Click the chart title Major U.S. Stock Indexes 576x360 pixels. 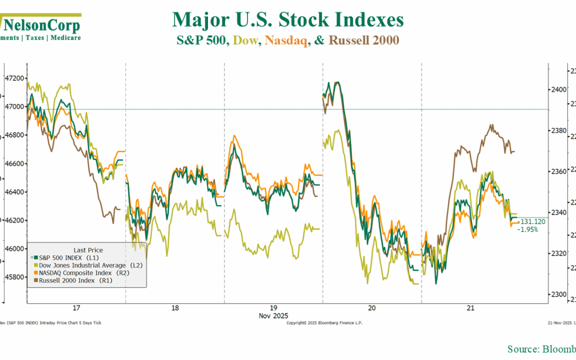[287, 20]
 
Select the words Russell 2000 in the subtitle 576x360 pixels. [364, 40]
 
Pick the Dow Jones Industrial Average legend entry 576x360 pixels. [89, 265]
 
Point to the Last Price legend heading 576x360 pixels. [87, 250]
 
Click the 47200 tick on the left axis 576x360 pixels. [14, 78]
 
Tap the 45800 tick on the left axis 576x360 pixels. [14, 277]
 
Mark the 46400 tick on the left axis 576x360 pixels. [14, 191]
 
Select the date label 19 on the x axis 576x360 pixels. [273, 308]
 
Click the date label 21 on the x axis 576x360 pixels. [470, 308]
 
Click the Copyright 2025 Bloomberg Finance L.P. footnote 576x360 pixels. [325, 323]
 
